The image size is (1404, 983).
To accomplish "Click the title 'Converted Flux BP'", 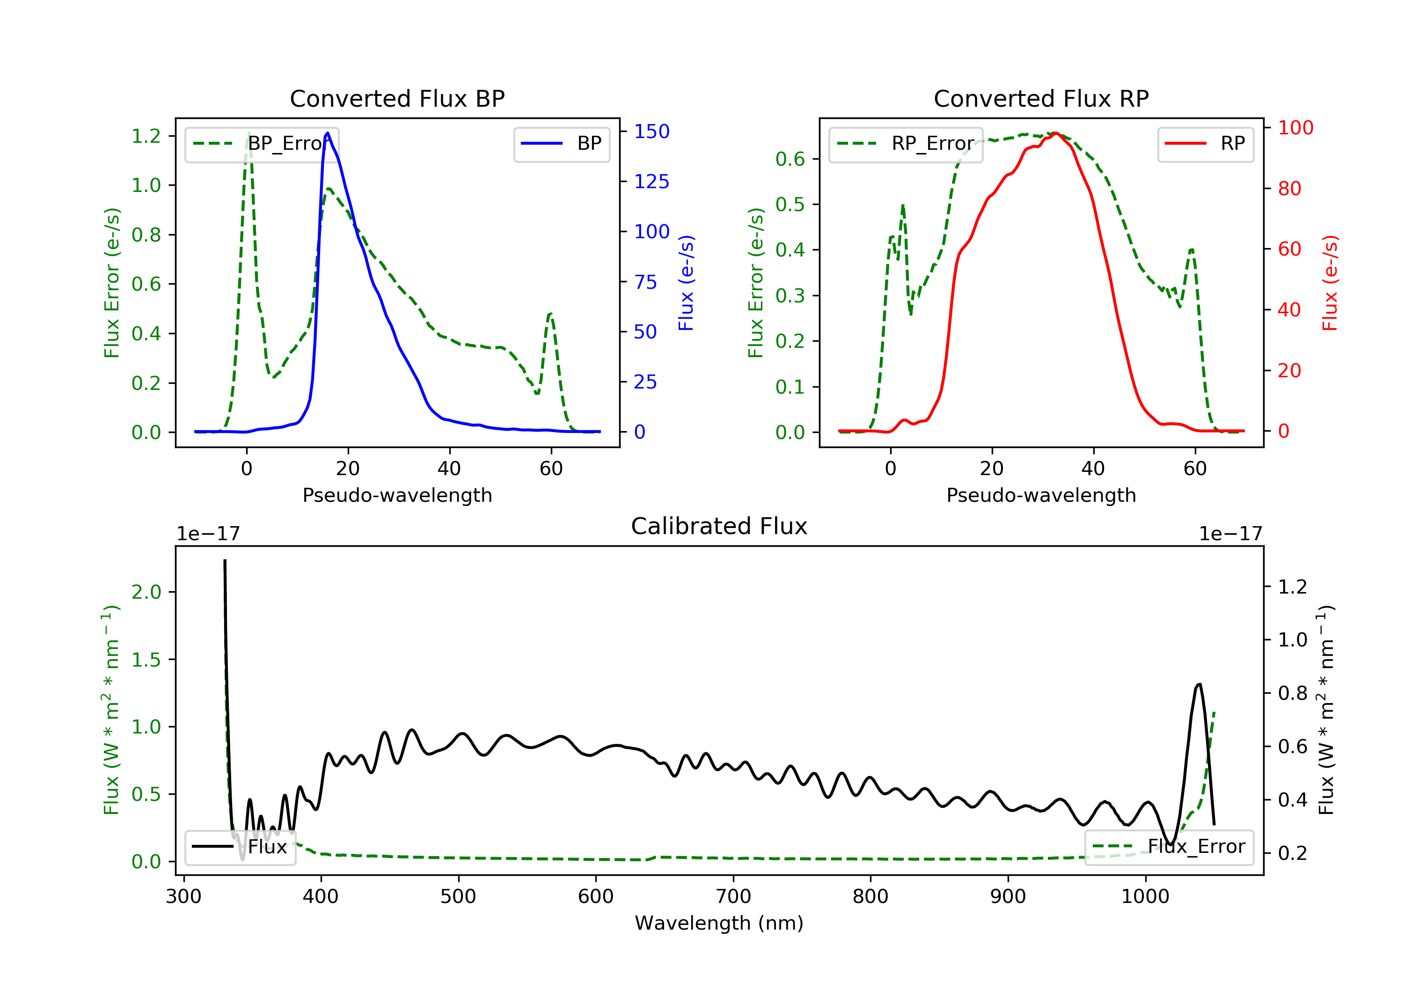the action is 397,98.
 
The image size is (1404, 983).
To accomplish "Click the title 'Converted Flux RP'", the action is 1041,98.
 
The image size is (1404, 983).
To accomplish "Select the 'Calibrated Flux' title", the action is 719,526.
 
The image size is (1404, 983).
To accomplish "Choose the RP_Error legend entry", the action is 906,144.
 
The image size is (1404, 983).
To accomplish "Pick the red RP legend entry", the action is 1205,144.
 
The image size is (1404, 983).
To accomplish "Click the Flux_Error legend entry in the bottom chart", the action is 1169,847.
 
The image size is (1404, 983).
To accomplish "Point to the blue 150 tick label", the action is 652,132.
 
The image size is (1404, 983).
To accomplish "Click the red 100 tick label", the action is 1296,128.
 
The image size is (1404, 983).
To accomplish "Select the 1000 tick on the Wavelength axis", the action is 1145,897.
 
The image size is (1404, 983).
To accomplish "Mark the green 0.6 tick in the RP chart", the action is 790,159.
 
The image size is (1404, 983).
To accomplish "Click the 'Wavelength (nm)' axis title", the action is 719,923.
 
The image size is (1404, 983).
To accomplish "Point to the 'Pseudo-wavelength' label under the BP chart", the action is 397,495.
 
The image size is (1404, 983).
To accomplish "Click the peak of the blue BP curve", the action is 328,133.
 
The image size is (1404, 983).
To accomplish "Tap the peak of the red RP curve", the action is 1055,133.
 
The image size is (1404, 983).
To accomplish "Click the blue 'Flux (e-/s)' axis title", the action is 686,283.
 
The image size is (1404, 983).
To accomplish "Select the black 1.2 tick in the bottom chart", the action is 1293,587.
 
